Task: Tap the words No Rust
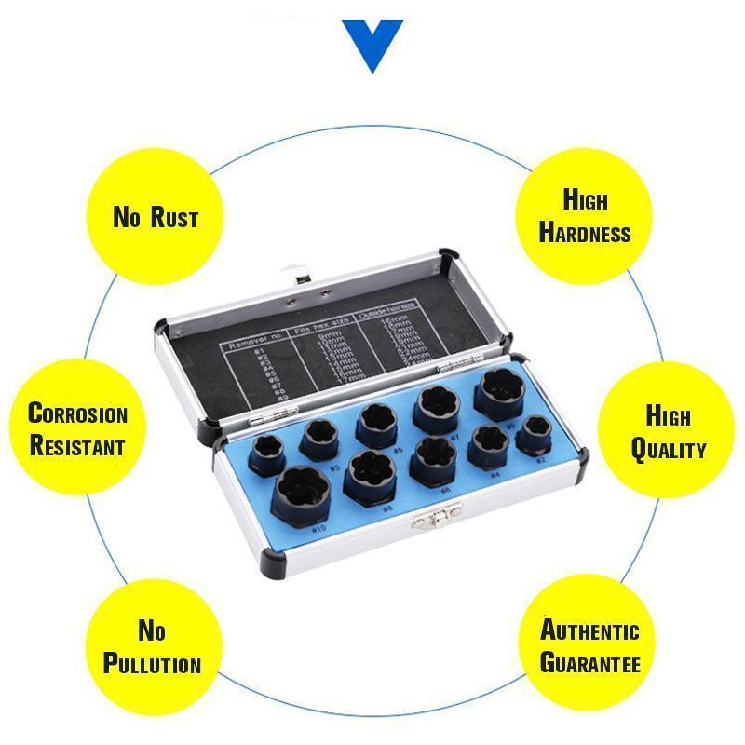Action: coord(156,218)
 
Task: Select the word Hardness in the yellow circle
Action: coord(585,233)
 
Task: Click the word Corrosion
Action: coord(77,413)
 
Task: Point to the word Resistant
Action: coord(77,445)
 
